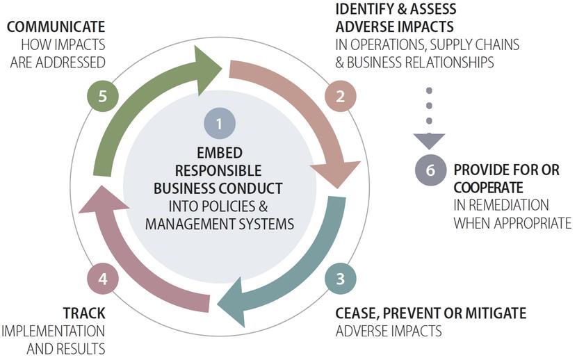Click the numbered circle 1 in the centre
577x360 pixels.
219,124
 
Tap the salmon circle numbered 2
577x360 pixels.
341,97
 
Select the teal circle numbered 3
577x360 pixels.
341,279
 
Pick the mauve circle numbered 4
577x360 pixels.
103,279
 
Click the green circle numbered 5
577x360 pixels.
103,97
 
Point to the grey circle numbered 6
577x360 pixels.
430,170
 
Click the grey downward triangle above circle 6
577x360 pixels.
429,140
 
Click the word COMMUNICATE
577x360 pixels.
56,27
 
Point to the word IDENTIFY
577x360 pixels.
366,9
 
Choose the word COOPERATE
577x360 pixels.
488,188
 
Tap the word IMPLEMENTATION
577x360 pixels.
54,330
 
